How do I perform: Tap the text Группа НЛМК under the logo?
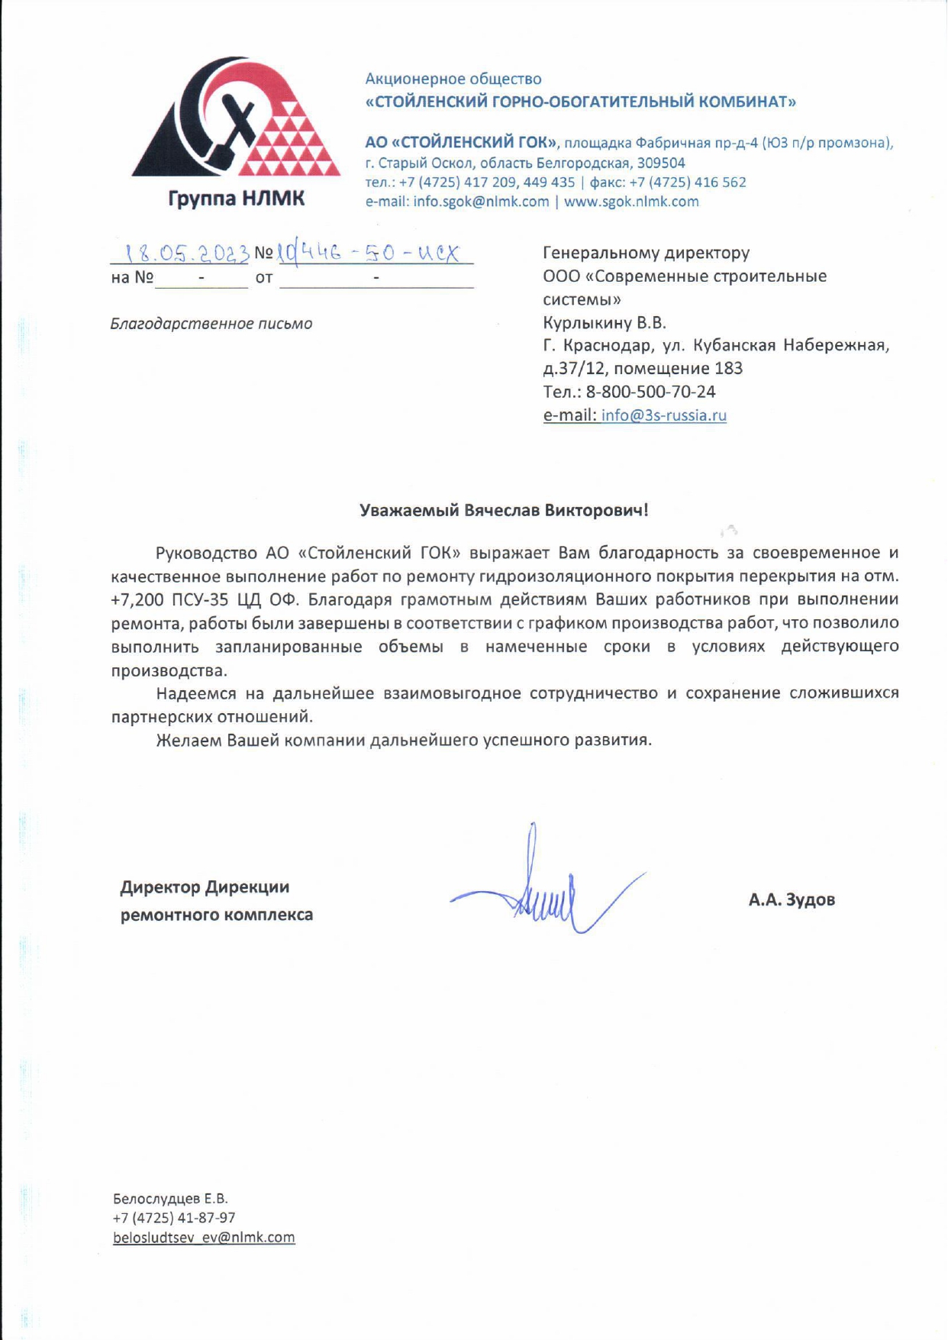pyautogui.click(x=237, y=199)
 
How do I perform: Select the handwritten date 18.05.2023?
pyautogui.click(x=188, y=253)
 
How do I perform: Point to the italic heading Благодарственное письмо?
pyautogui.click(x=211, y=324)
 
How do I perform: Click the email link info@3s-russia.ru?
pyautogui.click(x=663, y=415)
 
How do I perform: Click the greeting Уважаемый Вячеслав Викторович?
pyautogui.click(x=504, y=510)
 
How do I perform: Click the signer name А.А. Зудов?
pyautogui.click(x=792, y=899)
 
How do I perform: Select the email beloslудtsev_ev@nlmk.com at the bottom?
pyautogui.click(x=204, y=1238)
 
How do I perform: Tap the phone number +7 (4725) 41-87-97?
pyautogui.click(x=174, y=1218)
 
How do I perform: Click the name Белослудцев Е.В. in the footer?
pyautogui.click(x=170, y=1199)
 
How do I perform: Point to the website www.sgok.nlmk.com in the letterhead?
pyautogui.click(x=631, y=202)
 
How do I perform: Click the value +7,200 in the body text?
pyautogui.click(x=136, y=599)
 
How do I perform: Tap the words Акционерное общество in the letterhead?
pyautogui.click(x=453, y=79)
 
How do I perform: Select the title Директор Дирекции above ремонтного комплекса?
pyautogui.click(x=205, y=887)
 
